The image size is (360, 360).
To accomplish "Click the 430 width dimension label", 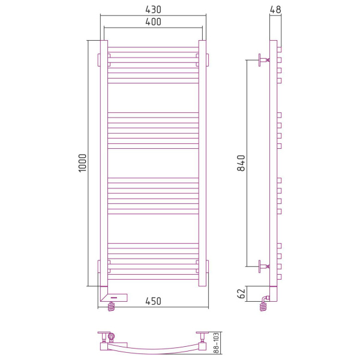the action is point(153,10).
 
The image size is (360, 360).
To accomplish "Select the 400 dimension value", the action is point(153,22).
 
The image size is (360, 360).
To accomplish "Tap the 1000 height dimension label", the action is point(82,163).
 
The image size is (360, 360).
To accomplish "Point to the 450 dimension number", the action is point(153,301).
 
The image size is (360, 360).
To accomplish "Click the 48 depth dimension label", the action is point(275,10).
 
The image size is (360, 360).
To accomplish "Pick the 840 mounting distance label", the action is point(241,163).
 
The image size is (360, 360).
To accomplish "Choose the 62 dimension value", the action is point(241,293).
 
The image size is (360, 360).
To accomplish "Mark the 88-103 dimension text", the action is point(216,343).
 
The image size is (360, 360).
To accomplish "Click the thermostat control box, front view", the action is point(115,298).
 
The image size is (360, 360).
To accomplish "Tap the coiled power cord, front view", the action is point(111,306).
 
